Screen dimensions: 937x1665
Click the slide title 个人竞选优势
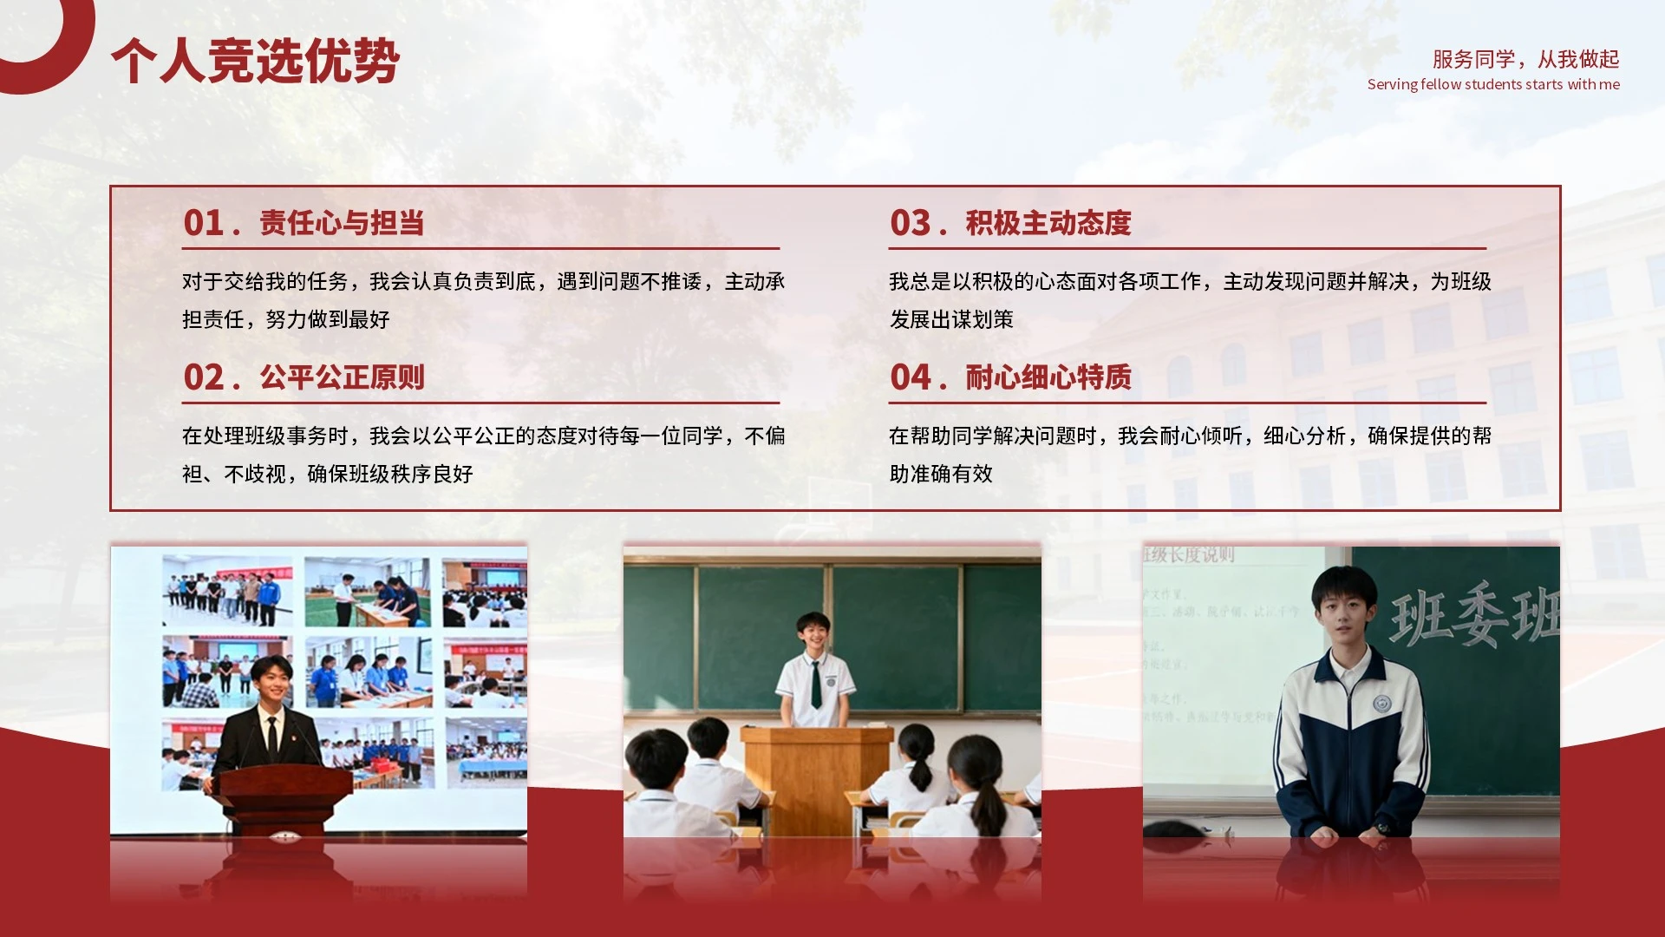pos(255,61)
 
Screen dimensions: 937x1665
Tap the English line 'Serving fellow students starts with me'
pos(1493,84)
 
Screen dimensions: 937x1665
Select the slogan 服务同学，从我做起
pos(1525,59)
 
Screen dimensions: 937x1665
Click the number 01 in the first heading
pos(205,223)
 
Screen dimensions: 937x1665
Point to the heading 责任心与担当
pos(342,223)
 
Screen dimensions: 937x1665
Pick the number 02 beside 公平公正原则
pos(205,377)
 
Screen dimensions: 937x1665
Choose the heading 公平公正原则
pos(342,377)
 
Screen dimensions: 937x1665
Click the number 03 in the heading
pos(911,223)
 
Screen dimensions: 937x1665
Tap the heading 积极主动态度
pos(1048,223)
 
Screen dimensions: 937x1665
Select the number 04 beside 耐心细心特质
pos(911,377)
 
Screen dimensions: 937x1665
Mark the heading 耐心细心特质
pos(1048,377)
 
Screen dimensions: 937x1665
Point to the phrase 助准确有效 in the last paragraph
pos(941,474)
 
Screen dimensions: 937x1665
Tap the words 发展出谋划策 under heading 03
pos(951,319)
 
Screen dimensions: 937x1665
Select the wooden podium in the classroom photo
pos(816,776)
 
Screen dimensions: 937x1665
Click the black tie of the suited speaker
pos(272,737)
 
